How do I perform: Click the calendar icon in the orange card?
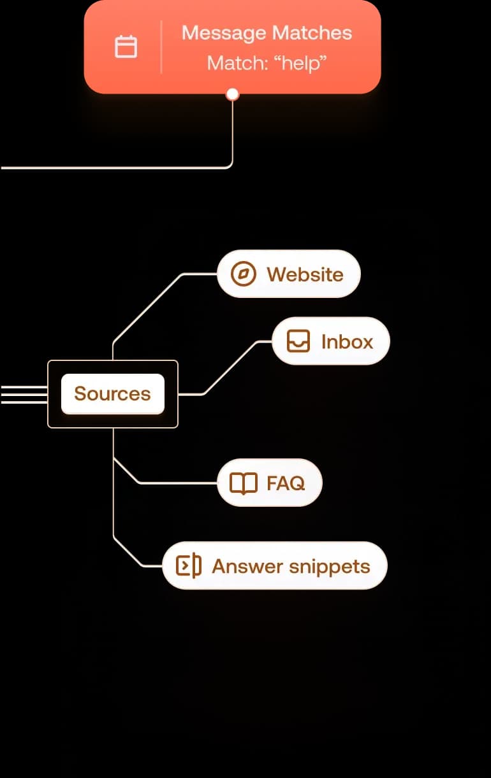[x=126, y=47]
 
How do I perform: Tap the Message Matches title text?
[x=267, y=33]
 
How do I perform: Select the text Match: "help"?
[x=267, y=63]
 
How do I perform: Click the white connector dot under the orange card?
[x=233, y=94]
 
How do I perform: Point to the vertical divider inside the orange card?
[x=161, y=47]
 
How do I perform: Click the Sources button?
[x=113, y=393]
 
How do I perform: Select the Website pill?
[x=289, y=274]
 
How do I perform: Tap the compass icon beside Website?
[x=243, y=274]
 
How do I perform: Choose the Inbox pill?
[x=330, y=341]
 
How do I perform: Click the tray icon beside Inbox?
[x=298, y=341]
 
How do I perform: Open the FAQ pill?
[x=270, y=483]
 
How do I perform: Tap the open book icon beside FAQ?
[x=244, y=483]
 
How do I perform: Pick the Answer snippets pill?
[x=275, y=566]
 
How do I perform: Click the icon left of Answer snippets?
[x=188, y=566]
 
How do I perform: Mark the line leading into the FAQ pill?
[x=179, y=483]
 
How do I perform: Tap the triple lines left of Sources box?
[x=24, y=394]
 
